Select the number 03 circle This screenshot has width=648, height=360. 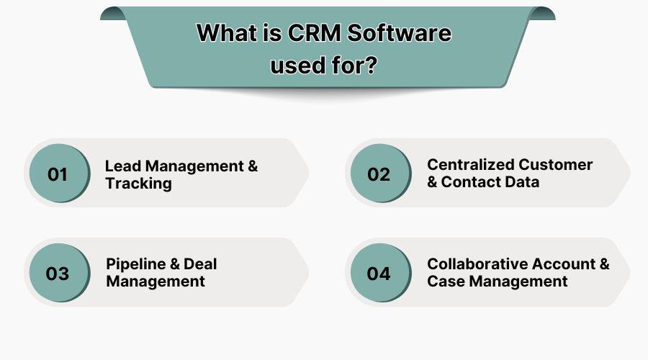(57, 274)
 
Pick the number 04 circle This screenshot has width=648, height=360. (379, 274)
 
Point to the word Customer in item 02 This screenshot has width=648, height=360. (556, 165)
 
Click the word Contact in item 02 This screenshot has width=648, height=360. (471, 182)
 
